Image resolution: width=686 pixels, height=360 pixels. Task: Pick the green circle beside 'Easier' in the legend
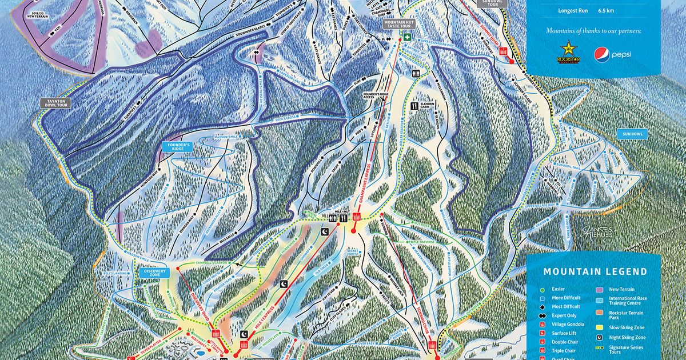pos(540,289)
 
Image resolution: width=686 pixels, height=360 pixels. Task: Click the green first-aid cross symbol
pos(408,37)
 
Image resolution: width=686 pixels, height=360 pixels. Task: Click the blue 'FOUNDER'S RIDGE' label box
pos(176,148)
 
